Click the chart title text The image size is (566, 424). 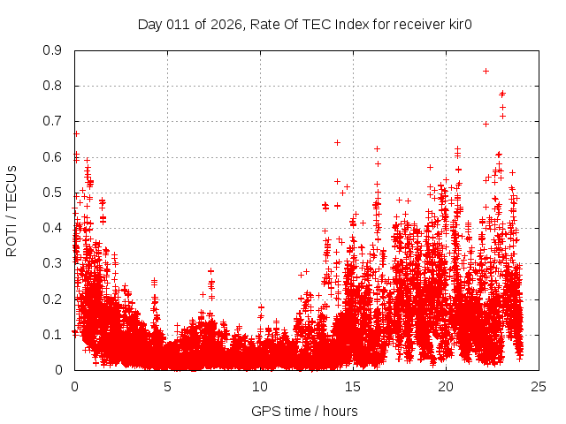pyautogui.click(x=304, y=24)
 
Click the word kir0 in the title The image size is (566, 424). pyautogui.click(x=457, y=24)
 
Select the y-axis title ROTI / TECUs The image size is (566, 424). pyautogui.click(x=11, y=210)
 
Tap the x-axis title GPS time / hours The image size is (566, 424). pyautogui.click(x=304, y=411)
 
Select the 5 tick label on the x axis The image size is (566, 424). pyautogui.click(x=167, y=386)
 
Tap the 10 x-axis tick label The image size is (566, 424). pyautogui.click(x=260, y=386)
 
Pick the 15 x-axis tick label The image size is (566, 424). pyautogui.click(x=353, y=386)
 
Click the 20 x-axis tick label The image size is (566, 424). pyautogui.click(x=446, y=386)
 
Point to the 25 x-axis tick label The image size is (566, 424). pyautogui.click(x=539, y=386)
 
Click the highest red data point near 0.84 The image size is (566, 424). pyautogui.click(x=486, y=71)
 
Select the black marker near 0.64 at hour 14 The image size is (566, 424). pyautogui.click(x=337, y=142)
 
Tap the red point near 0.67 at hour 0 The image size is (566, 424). pyautogui.click(x=76, y=133)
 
